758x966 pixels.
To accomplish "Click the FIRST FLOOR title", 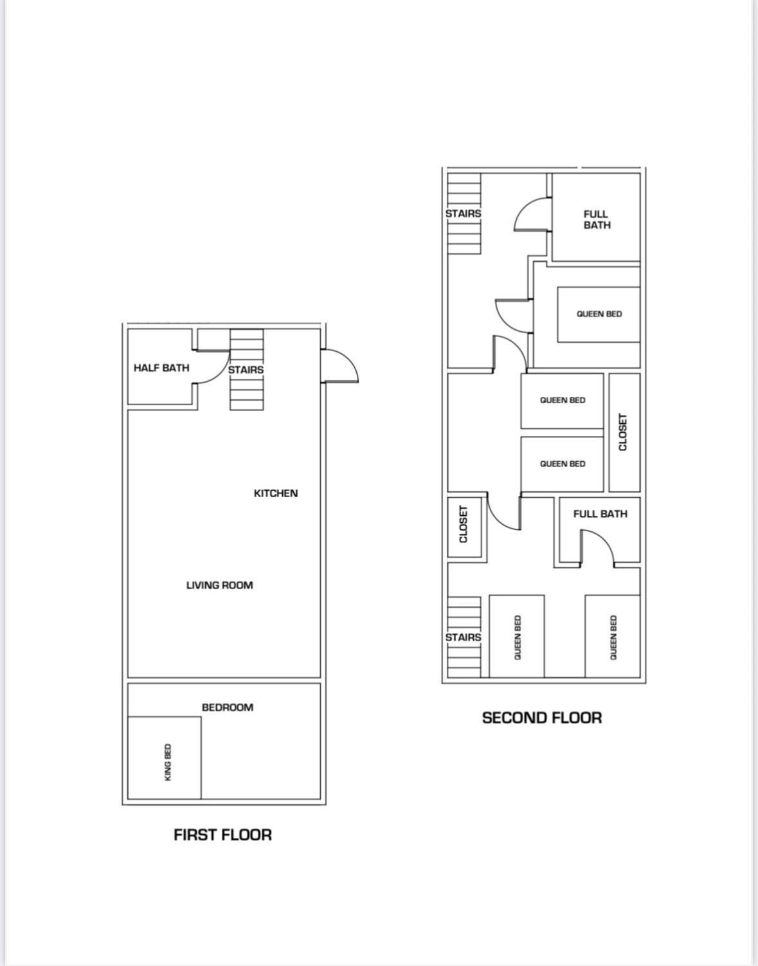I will tap(222, 835).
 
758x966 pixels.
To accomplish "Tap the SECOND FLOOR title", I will tap(542, 718).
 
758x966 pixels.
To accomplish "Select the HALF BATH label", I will tap(161, 368).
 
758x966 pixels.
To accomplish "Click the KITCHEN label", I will tap(276, 493).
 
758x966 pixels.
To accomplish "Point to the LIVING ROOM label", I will tap(219, 585).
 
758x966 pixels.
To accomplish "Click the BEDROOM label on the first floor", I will tap(228, 707).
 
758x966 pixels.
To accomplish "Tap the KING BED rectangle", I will tap(165, 758).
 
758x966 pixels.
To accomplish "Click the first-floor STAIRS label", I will tap(246, 370).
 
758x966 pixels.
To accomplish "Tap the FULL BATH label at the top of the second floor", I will tap(597, 219).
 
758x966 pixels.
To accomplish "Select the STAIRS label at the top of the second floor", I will tap(463, 214).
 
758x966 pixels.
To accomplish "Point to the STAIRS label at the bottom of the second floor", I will tap(463, 637).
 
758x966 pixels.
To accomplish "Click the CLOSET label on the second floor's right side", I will tap(623, 432).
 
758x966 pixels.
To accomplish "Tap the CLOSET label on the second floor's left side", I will tap(464, 524).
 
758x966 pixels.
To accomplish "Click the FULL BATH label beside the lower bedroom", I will tap(600, 514).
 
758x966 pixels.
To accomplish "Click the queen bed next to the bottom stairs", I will tap(517, 636).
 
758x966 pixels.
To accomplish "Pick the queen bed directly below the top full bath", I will tap(599, 314).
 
